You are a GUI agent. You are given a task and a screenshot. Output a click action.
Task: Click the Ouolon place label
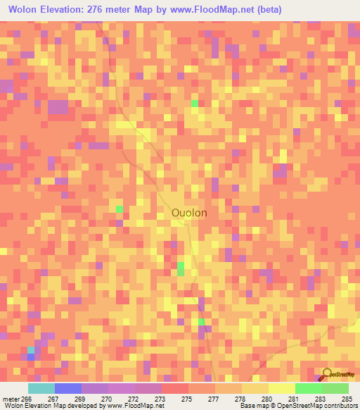[189, 212]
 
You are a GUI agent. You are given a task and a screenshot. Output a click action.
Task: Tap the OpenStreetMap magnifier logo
[327, 374]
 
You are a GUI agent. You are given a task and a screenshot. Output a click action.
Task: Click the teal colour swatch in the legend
[41, 388]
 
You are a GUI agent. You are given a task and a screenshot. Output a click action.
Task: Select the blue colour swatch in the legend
[68, 388]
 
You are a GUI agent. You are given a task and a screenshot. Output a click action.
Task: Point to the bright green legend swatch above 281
[308, 388]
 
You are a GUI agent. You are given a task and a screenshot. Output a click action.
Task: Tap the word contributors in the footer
[341, 406]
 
